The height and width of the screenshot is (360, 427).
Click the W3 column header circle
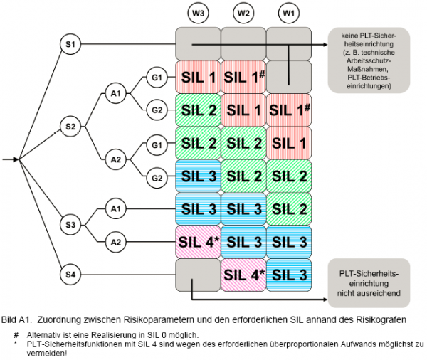click(198, 13)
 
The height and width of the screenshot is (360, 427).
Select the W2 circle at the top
click(243, 13)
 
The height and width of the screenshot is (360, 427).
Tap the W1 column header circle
click(289, 13)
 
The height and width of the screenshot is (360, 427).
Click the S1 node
click(69, 45)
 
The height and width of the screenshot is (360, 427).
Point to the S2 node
click(69, 126)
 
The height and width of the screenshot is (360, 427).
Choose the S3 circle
click(69, 225)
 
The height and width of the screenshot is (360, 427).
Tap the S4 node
click(69, 273)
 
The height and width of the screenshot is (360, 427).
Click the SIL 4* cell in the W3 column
click(198, 242)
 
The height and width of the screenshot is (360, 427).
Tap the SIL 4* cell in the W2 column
click(243, 275)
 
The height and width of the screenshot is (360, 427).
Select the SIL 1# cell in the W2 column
click(243, 77)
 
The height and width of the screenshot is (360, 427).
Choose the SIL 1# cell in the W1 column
click(289, 110)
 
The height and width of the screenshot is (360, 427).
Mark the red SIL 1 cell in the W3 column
click(198, 77)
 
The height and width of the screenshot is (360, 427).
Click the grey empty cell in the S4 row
click(198, 275)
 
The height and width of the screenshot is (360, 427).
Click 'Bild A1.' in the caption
click(17, 319)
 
